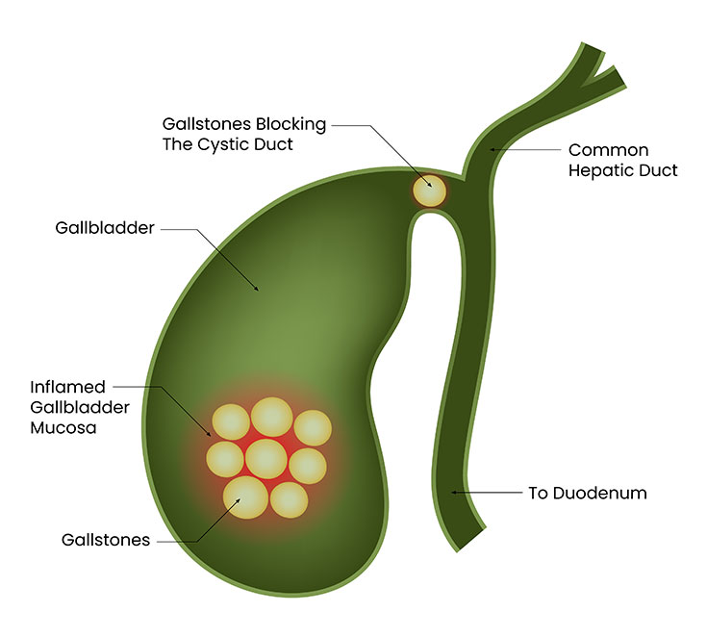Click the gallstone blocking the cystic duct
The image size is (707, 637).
[430, 190]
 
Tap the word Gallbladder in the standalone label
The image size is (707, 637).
[106, 230]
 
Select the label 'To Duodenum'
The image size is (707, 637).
[587, 494]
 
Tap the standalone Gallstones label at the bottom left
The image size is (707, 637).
[104, 540]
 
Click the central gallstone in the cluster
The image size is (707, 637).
[265, 458]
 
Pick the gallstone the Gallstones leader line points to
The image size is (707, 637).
[245, 496]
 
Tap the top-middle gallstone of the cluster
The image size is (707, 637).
[272, 416]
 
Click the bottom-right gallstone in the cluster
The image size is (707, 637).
[289, 499]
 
